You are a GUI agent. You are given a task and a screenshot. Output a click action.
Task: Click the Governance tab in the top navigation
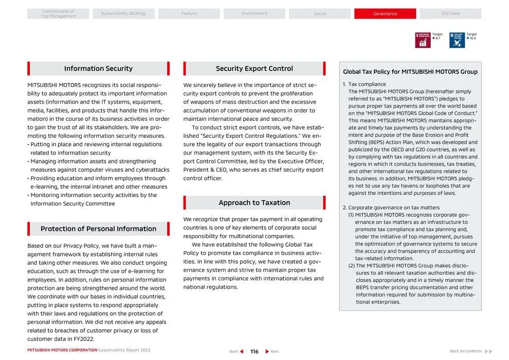385,14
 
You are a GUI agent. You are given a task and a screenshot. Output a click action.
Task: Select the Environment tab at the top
254,14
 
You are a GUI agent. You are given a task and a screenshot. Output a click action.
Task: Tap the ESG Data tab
450,14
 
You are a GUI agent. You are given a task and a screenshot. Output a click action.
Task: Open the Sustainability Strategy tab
123,14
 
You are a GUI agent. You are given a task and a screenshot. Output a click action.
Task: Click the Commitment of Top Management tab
58,14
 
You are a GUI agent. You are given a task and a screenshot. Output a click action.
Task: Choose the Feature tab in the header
189,14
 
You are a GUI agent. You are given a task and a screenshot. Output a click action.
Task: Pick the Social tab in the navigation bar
319,14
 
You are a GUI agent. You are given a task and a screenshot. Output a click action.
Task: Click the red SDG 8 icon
423,40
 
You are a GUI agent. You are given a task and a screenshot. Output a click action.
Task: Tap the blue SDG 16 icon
457,40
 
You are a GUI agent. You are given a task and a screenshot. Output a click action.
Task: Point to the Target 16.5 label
471,37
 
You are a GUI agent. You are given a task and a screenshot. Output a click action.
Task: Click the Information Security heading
98,69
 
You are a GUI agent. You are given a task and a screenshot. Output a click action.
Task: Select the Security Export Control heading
254,69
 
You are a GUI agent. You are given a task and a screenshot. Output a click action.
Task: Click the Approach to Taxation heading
254,203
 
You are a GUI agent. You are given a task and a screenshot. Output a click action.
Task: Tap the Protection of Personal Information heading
98,229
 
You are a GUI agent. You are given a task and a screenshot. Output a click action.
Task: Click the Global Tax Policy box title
410,72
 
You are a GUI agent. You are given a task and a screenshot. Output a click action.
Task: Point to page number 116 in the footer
254,352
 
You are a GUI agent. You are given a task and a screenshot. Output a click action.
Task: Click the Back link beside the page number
236,352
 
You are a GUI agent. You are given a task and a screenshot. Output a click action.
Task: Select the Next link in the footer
272,352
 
